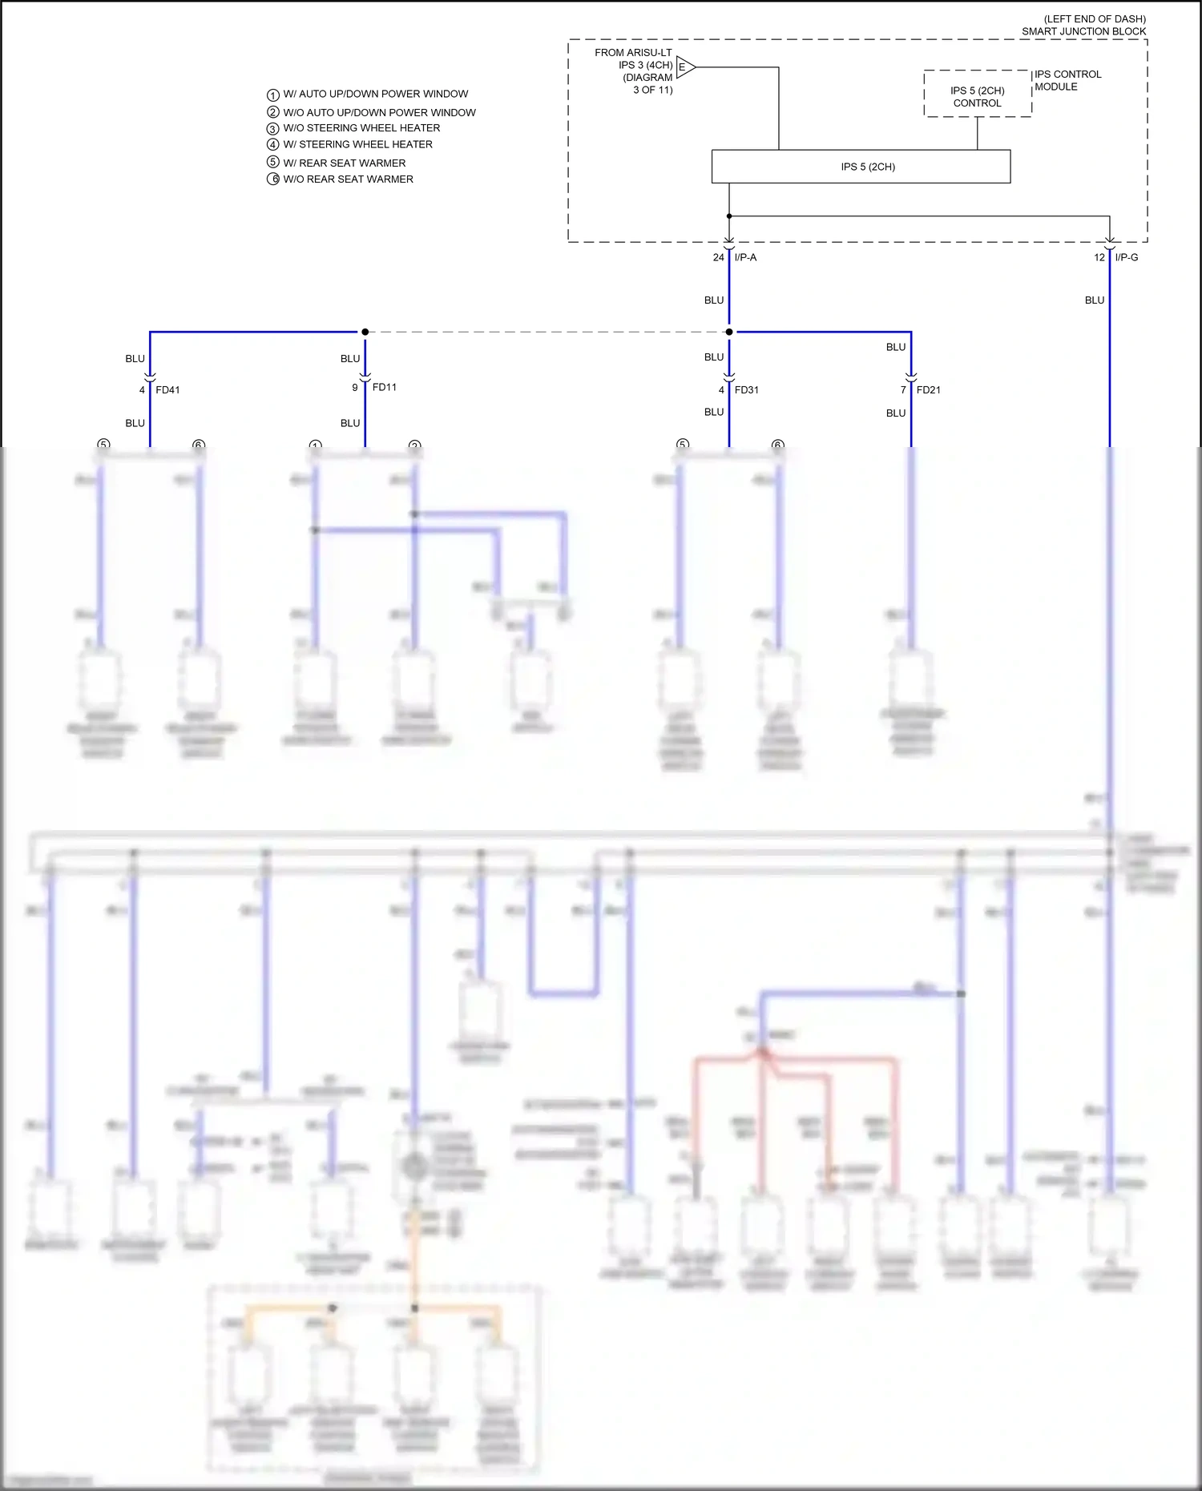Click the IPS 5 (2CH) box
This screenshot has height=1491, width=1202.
point(861,167)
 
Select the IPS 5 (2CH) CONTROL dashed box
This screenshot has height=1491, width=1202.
point(977,95)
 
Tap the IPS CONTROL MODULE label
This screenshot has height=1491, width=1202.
point(1067,80)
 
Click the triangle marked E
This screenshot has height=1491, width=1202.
point(684,67)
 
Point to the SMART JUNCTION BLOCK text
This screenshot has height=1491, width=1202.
point(1083,31)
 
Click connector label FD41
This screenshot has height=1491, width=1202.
point(167,390)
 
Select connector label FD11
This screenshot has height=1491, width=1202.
point(384,387)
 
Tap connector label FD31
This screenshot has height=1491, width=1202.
point(746,390)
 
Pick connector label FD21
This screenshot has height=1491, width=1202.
point(928,390)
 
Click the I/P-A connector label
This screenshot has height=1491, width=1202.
point(745,257)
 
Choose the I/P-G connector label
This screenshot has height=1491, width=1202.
point(1126,257)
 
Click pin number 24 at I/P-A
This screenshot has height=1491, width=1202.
point(718,257)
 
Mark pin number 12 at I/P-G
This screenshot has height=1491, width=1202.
point(1099,257)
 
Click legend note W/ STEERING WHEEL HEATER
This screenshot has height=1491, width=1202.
point(357,144)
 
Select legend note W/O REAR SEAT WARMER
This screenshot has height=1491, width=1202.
point(348,179)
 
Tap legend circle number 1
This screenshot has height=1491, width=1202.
point(272,95)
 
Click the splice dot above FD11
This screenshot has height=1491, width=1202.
point(365,332)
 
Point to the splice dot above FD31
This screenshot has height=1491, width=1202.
point(728,332)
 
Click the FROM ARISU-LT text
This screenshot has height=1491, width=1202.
point(633,53)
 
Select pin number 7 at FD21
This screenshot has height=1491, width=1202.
point(902,390)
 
